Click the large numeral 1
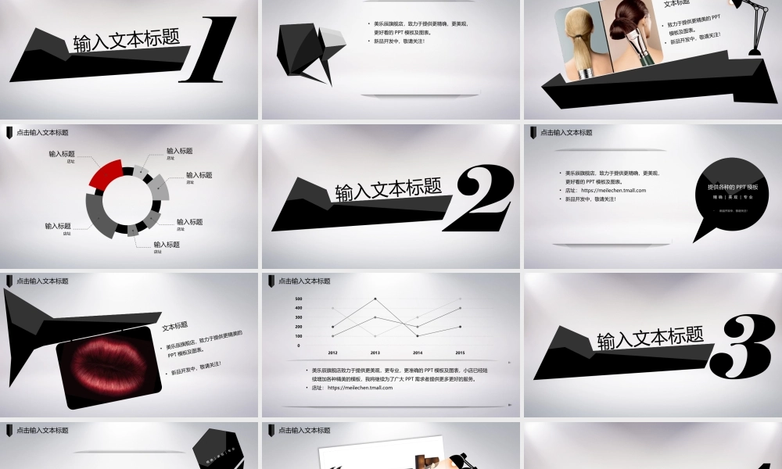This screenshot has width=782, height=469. point(213,51)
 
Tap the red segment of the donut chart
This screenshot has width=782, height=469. point(106,174)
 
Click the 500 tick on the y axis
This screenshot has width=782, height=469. point(299,299)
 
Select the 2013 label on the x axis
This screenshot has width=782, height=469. point(375,353)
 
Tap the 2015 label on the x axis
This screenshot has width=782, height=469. point(460,353)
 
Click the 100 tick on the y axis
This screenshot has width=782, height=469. point(299,336)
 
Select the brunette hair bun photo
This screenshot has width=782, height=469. point(631,39)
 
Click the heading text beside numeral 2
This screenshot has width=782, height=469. point(389,190)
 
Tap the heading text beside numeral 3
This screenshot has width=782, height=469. point(650,338)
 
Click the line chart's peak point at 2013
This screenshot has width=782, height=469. point(375,299)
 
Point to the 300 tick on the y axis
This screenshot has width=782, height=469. point(299,317)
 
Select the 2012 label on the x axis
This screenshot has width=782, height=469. point(332,353)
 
